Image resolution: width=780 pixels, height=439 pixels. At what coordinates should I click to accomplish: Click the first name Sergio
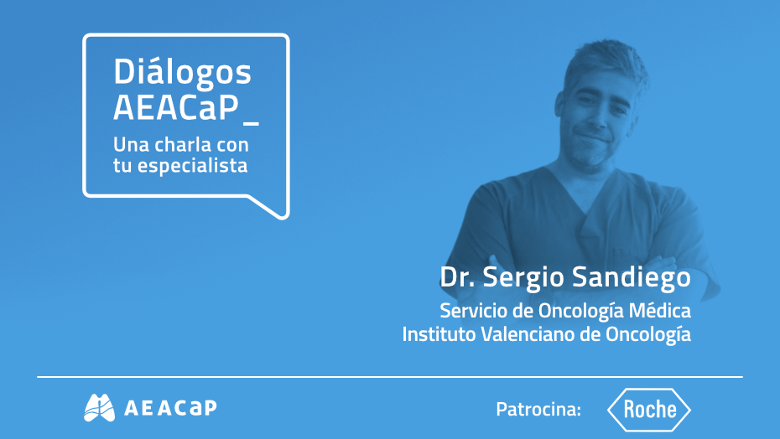(x=520, y=277)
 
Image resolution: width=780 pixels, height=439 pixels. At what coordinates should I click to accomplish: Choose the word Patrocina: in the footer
(x=538, y=410)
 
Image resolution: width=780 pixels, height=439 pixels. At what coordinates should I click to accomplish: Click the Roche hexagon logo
(x=648, y=410)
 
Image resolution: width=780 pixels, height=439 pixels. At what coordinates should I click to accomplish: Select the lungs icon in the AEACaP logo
(x=99, y=408)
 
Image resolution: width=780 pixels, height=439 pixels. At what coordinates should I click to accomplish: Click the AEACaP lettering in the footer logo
(x=170, y=408)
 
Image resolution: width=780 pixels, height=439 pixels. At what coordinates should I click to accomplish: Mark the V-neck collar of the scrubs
(x=591, y=209)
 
